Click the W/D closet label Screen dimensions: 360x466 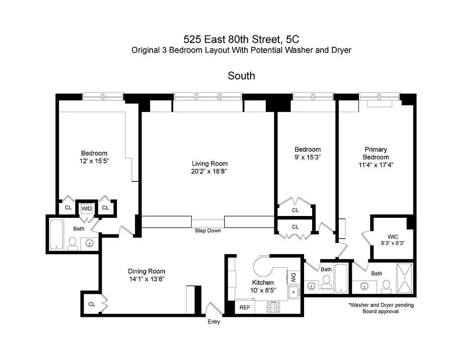[86, 208]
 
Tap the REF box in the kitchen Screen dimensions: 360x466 [244, 308]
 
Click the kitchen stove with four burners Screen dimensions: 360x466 [273, 307]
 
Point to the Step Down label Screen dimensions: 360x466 [208, 231]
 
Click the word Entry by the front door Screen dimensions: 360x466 [214, 322]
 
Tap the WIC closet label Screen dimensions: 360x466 [393, 237]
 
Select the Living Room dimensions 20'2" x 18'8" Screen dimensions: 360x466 [210, 171]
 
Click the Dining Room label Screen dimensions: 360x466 [147, 271]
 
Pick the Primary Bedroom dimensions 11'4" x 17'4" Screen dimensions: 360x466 [376, 165]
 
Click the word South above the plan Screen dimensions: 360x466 [241, 76]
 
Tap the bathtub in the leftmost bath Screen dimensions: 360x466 [56, 234]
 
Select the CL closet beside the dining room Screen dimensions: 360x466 [92, 304]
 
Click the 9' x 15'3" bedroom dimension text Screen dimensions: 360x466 [308, 157]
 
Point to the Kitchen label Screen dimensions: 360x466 [263, 282]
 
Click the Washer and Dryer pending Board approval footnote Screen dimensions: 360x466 [381, 308]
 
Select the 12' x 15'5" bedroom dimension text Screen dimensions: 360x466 [94, 161]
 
